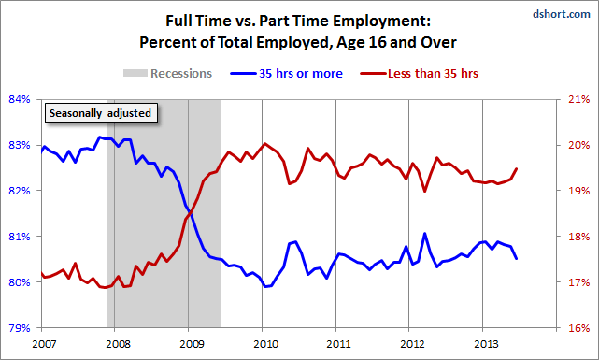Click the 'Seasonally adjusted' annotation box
[101, 113]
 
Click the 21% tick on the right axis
[578, 99]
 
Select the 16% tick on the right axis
[578, 328]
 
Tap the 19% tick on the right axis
[578, 191]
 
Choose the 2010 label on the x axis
[263, 344]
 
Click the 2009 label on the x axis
[189, 344]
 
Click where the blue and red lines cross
[189, 213]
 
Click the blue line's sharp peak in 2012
[424, 234]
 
